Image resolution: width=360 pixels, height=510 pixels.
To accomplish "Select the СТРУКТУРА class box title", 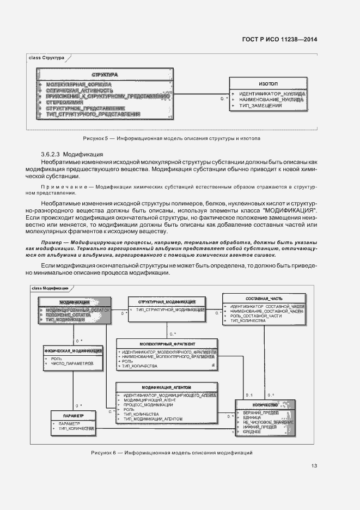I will tap(105, 74).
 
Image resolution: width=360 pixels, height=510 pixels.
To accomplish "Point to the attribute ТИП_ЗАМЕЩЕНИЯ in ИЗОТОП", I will tap(260, 105).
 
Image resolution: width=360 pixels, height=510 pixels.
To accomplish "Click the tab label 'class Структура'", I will tap(47, 57).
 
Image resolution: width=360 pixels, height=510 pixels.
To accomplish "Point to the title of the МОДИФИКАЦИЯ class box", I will tap(75, 301).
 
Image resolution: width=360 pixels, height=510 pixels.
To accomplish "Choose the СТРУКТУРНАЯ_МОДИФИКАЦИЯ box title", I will tap(167, 301).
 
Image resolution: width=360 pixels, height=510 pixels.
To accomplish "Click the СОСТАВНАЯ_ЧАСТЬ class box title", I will tap(264, 299).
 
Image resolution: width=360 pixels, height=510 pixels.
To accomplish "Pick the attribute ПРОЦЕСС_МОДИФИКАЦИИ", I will tap(148, 405).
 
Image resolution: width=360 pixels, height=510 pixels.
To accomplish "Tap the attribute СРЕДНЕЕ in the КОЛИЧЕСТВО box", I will tap(253, 431).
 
